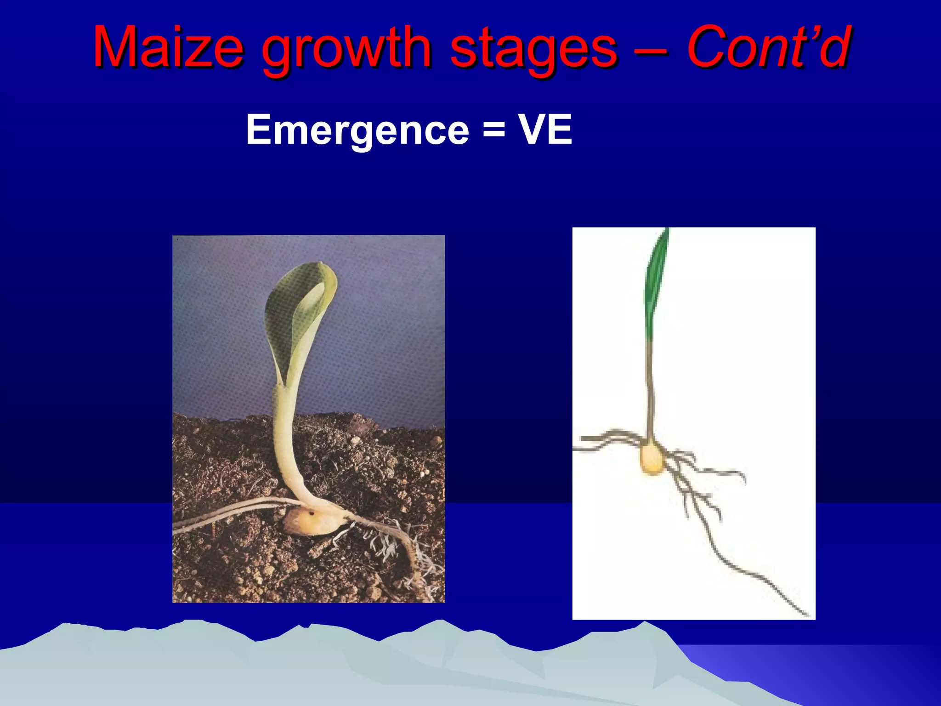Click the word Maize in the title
click(168, 48)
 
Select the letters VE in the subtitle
click(545, 130)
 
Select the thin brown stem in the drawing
click(650, 391)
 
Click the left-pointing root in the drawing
click(602, 439)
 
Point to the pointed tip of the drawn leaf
click(667, 230)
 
